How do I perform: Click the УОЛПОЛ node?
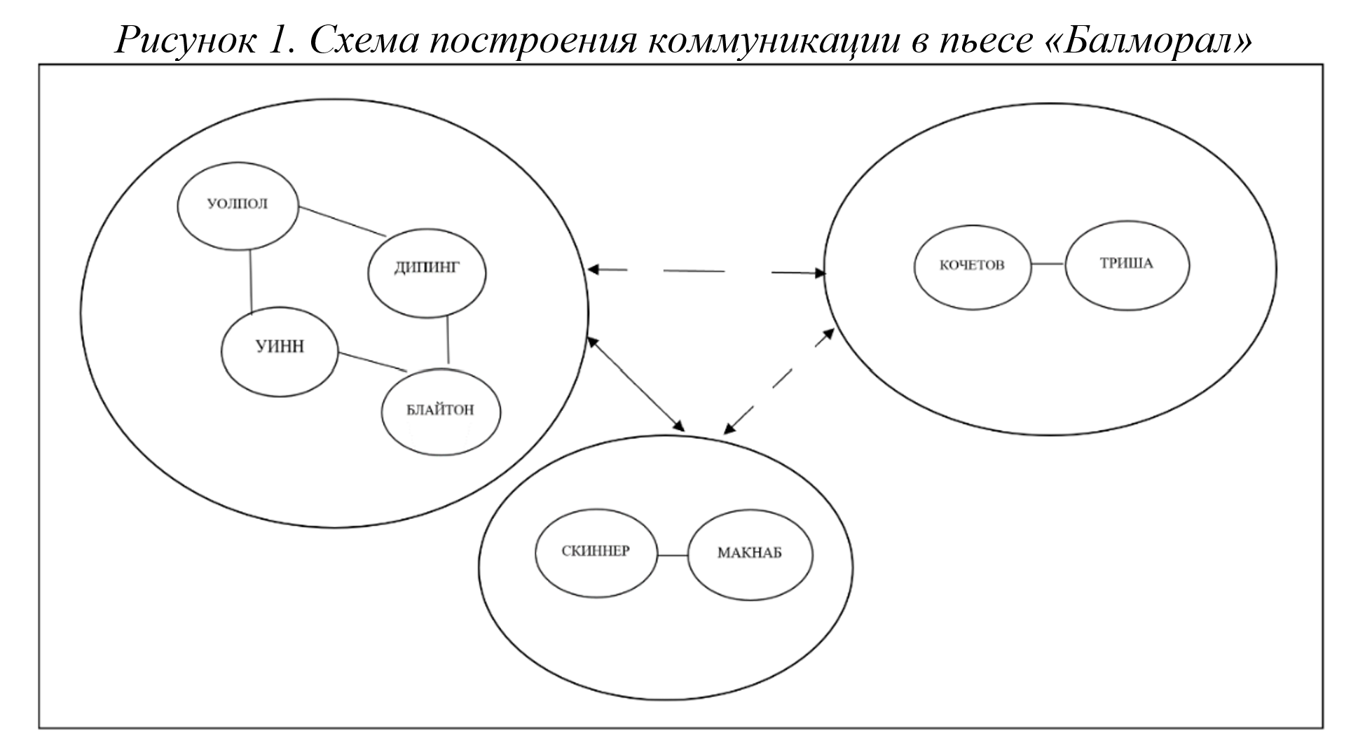click(x=238, y=205)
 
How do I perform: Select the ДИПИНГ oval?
click(x=427, y=268)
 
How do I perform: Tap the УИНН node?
click(x=280, y=346)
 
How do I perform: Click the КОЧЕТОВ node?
click(x=972, y=265)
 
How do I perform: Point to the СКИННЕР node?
click(x=596, y=551)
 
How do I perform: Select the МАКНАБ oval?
click(x=750, y=553)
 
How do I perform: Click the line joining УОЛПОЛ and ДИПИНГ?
click(x=342, y=221)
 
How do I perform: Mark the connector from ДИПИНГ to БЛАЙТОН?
click(x=448, y=340)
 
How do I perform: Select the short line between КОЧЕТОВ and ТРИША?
click(x=1048, y=264)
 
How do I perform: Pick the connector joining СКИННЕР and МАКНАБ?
click(x=673, y=555)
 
